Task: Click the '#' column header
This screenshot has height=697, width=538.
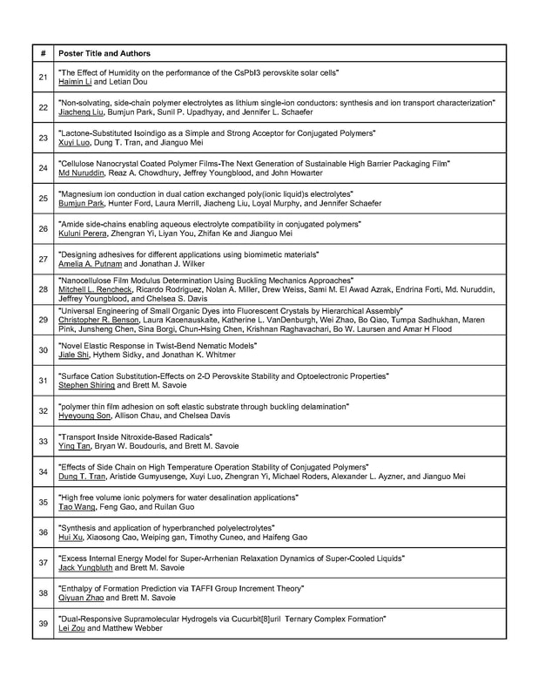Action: [43, 53]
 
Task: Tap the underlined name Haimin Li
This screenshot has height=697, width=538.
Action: [75, 82]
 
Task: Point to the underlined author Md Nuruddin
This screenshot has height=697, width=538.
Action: [81, 173]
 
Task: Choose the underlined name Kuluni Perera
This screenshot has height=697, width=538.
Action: [81, 233]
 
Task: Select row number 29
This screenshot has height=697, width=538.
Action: [43, 320]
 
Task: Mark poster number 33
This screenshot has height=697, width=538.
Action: [43, 441]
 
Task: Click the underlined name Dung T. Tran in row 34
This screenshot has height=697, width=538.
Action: [82, 477]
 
